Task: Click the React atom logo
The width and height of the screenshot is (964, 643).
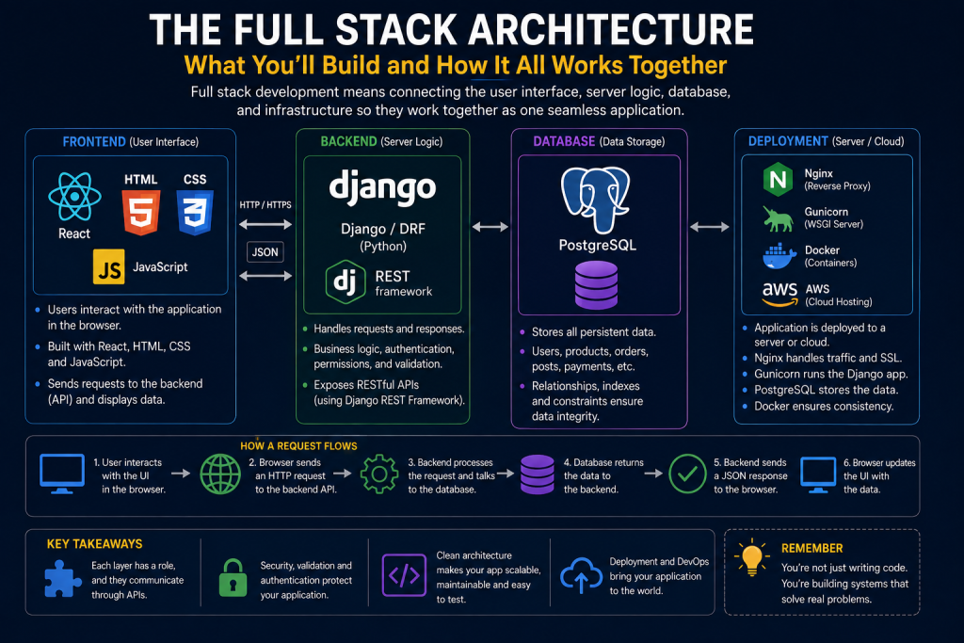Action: click(75, 197)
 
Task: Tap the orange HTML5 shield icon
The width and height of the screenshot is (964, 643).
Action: click(141, 213)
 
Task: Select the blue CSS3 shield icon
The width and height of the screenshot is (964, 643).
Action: click(195, 213)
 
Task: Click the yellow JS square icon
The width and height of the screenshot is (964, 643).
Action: click(109, 266)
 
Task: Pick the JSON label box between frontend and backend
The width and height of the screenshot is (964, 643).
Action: click(265, 252)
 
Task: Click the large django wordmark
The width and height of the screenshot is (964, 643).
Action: click(382, 187)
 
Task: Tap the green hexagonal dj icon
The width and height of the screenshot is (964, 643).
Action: click(345, 282)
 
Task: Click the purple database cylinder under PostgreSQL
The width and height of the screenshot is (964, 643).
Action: click(596, 284)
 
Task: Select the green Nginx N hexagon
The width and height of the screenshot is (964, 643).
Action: click(778, 180)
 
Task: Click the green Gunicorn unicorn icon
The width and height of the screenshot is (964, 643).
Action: click(778, 218)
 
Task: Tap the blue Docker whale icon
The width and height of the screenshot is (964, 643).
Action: click(779, 256)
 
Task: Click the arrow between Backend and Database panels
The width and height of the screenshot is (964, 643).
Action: click(490, 227)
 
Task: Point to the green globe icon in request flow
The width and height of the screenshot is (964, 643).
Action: click(220, 474)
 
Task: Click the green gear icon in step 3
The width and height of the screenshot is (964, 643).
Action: click(379, 474)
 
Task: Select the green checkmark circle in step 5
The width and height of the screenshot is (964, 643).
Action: click(687, 474)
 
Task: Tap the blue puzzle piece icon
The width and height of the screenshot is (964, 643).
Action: click(63, 578)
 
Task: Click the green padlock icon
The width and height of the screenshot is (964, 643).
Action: click(233, 578)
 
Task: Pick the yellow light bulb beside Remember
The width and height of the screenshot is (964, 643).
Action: click(752, 557)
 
